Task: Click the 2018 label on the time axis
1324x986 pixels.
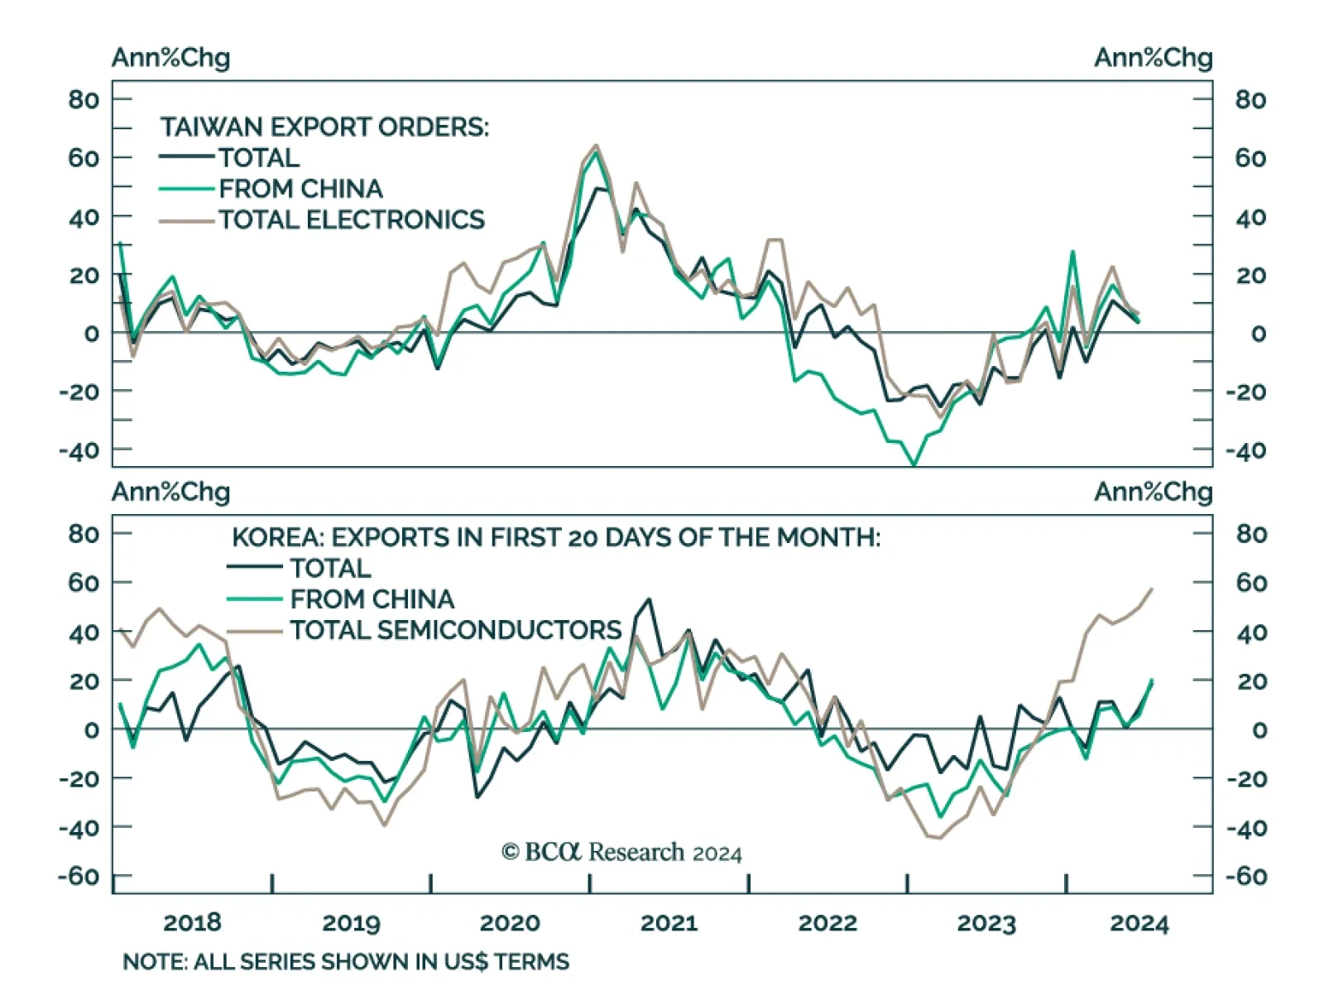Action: coord(192,922)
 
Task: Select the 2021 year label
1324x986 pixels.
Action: coord(669,922)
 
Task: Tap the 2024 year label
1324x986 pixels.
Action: coord(1139,922)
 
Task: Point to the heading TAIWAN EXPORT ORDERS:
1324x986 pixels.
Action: coord(324,127)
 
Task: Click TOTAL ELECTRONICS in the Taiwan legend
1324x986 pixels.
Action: coord(352,219)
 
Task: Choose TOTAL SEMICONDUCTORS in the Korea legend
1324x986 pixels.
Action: coord(455,630)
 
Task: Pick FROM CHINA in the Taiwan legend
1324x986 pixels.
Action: coord(300,189)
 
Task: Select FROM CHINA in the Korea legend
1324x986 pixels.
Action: coord(372,599)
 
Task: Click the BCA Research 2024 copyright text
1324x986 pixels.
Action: coord(621,852)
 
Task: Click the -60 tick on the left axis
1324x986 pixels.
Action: coord(78,876)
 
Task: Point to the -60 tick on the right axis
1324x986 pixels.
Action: coord(1250,876)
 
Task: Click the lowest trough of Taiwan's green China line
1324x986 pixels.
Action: coord(914,465)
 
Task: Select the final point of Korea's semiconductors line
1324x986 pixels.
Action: coord(1152,589)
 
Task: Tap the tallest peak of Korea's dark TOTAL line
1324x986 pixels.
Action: coord(649,599)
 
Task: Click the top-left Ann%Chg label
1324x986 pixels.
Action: coord(170,58)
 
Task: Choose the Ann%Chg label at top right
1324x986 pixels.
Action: coord(1153,58)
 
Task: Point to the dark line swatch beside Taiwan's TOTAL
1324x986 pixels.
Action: coord(186,156)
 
